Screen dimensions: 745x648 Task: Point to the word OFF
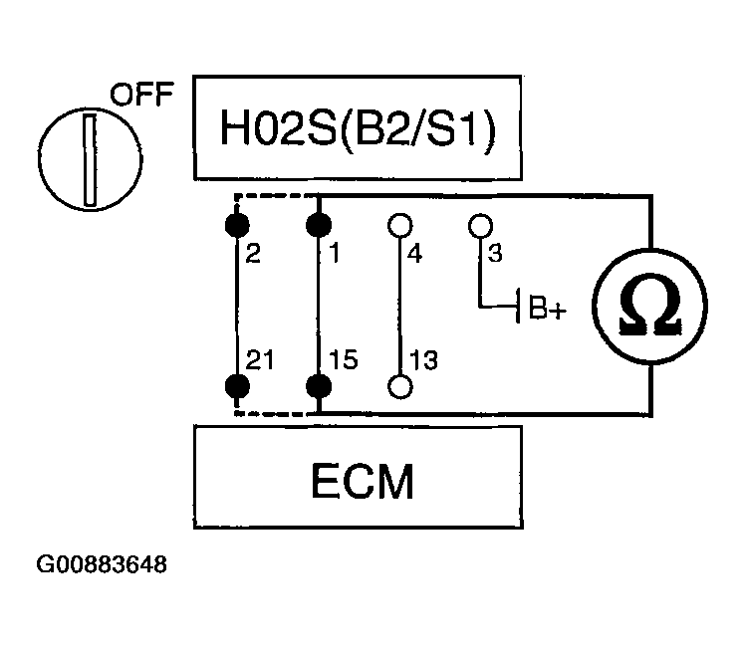(x=141, y=94)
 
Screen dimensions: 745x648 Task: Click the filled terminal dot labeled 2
(x=237, y=225)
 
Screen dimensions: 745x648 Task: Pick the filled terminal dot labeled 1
(x=319, y=225)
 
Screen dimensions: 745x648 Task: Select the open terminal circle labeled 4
(x=400, y=225)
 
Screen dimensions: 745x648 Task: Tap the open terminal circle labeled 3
(x=480, y=225)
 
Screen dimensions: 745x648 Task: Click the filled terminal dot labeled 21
(x=237, y=386)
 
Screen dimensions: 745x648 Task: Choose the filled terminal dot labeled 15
(x=319, y=386)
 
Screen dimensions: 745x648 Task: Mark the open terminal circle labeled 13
(x=400, y=386)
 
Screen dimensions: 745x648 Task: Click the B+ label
(x=548, y=308)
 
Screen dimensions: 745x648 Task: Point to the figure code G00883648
(x=102, y=564)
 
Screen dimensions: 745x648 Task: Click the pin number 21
(x=260, y=359)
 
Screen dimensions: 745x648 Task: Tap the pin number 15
(x=343, y=359)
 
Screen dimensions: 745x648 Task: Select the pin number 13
(x=423, y=360)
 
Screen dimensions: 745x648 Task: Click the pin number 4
(x=414, y=254)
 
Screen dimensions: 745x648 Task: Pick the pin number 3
(x=495, y=253)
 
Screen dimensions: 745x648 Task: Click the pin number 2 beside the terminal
(x=253, y=253)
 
